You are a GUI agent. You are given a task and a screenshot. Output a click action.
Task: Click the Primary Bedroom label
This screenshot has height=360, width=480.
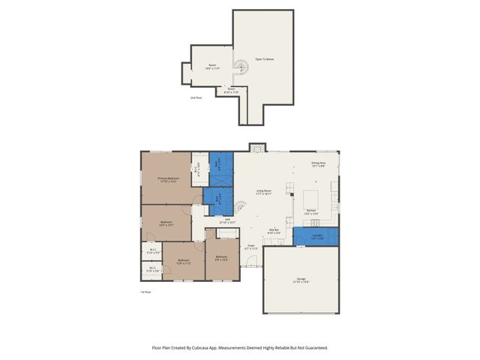click(x=167, y=179)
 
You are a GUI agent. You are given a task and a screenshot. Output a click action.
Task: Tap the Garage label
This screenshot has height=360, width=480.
click(x=301, y=280)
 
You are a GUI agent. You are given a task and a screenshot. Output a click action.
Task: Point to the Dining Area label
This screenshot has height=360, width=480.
click(x=318, y=164)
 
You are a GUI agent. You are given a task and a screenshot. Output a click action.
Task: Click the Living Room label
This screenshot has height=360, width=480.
click(x=263, y=192)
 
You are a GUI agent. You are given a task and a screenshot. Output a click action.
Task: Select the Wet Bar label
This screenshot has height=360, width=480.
click(x=274, y=231)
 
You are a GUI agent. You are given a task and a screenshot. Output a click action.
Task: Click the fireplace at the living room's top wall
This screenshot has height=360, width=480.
click(x=257, y=148)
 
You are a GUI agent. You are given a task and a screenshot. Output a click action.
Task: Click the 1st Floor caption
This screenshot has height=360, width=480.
click(x=145, y=292)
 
